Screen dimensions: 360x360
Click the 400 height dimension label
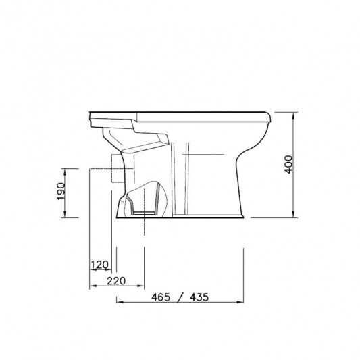[x=288, y=164]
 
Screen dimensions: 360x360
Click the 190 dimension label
[x=61, y=191]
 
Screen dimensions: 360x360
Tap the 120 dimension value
[x=100, y=265]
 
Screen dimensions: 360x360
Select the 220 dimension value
[x=116, y=281]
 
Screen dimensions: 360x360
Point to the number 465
[x=161, y=297]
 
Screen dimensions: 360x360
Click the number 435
[x=199, y=297]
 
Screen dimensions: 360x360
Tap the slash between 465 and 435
[x=180, y=298]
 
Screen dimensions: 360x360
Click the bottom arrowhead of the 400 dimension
[x=293, y=214]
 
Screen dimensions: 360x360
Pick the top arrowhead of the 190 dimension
[x=65, y=172]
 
